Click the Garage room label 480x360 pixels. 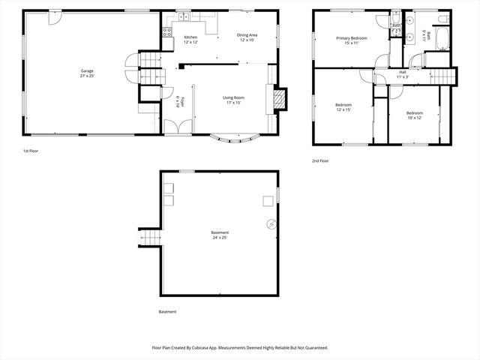[88, 73]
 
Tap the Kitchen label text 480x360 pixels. [190, 39]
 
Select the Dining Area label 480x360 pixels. [247, 37]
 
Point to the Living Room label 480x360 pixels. [233, 100]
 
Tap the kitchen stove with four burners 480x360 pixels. [167, 32]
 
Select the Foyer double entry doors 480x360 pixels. [175, 127]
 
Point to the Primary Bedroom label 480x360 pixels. [351, 40]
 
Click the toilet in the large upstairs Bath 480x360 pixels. [443, 17]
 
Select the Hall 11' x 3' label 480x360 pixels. [403, 74]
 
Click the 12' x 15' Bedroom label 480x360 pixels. [343, 107]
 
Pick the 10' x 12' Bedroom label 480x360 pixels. [415, 115]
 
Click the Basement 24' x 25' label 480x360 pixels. [220, 235]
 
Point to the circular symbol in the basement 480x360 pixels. [271, 224]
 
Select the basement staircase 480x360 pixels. [149, 238]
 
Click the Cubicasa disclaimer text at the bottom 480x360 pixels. [239, 347]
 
